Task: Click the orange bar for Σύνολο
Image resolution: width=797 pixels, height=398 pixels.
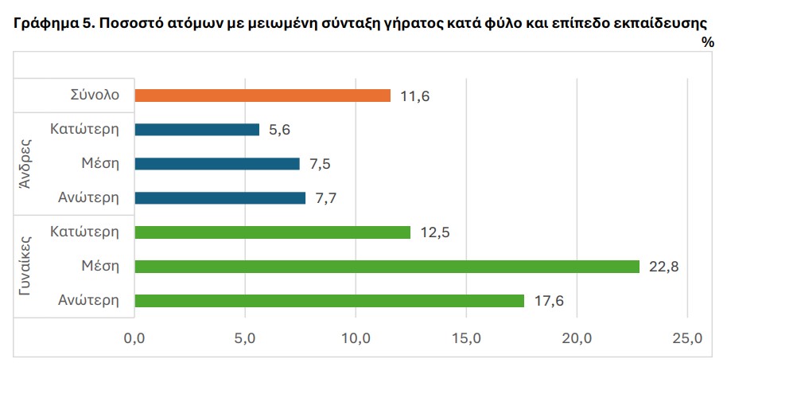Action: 262,96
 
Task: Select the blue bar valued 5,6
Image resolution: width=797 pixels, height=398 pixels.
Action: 197,130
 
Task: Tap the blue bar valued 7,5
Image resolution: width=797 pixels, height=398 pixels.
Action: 217,164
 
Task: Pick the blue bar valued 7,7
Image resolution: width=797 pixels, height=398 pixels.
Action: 220,198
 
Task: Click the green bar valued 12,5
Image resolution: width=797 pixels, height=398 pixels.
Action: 273,232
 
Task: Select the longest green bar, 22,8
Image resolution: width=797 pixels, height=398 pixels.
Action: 387,267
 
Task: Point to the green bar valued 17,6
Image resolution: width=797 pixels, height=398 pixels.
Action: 329,301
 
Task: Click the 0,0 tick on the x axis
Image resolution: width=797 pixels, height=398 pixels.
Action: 134,339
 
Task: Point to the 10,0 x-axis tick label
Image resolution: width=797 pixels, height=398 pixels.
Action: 356,339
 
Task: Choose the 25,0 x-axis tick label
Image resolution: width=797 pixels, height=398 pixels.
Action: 686,339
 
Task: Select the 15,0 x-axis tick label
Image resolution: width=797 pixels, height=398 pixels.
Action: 466,339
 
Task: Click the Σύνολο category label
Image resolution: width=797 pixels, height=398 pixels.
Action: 95,95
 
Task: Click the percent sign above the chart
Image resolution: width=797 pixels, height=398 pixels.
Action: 708,42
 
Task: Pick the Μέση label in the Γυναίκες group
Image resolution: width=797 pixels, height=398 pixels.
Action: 100,266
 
